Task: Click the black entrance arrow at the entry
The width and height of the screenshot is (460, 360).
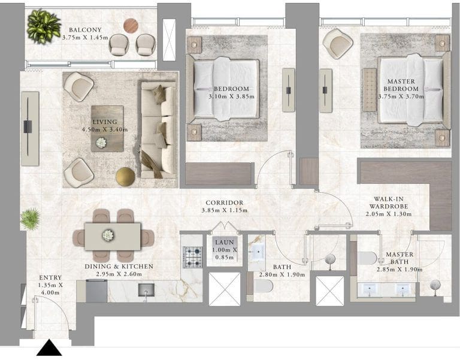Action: pyautogui.click(x=49, y=349)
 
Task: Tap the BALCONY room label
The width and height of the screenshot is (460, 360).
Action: pyautogui.click(x=86, y=30)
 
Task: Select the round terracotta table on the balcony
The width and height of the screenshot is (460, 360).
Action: pyautogui.click(x=131, y=26)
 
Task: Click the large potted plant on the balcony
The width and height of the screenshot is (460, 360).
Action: pyautogui.click(x=44, y=26)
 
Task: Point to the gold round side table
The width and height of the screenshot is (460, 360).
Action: pyautogui.click(x=125, y=177)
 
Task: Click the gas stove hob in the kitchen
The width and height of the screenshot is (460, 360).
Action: pyautogui.click(x=192, y=257)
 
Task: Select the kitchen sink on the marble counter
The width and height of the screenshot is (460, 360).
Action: pyautogui.click(x=146, y=290)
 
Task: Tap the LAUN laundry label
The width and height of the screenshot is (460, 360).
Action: pyautogui.click(x=225, y=243)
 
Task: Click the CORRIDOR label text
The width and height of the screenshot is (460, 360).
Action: pyautogui.click(x=225, y=202)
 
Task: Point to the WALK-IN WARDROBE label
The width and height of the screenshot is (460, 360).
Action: pyautogui.click(x=388, y=202)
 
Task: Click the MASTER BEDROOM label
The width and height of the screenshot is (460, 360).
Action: pyautogui.click(x=401, y=85)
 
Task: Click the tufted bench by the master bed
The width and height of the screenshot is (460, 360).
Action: pyautogui.click(x=370, y=90)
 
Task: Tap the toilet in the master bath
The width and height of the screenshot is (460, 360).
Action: pyautogui.click(x=367, y=258)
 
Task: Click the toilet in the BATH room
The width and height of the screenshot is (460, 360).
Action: pyautogui.click(x=263, y=286)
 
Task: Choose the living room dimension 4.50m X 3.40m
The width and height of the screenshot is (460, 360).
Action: pyautogui.click(x=105, y=129)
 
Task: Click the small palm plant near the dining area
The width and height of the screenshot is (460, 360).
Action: pyautogui.click(x=30, y=219)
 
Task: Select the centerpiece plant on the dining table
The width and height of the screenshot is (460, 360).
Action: pyautogui.click(x=108, y=235)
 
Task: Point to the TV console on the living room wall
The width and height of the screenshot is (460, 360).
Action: pyautogui.click(x=30, y=129)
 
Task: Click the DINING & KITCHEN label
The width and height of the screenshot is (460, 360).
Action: pyautogui.click(x=119, y=267)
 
